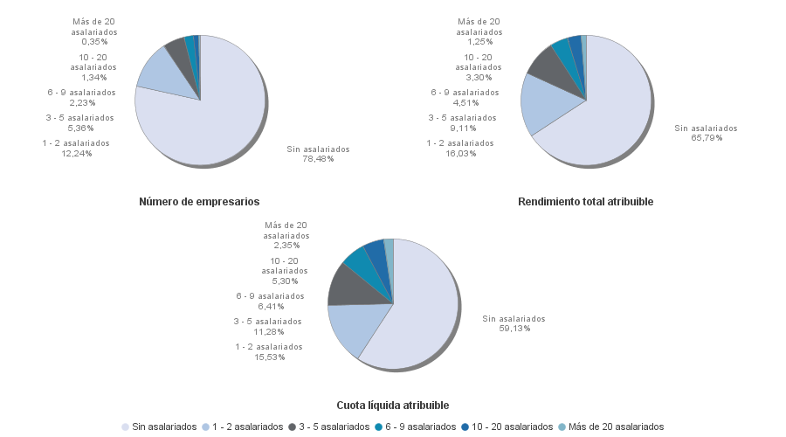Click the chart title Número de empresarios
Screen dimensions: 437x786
199,202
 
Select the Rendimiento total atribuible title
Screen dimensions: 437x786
585,202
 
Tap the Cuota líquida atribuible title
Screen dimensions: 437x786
393,406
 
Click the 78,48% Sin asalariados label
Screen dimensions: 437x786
318,154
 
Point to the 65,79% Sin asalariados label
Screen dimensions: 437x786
706,133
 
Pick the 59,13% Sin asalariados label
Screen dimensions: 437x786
514,323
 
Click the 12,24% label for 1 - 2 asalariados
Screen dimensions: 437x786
76,149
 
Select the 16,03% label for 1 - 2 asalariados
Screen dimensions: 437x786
459,149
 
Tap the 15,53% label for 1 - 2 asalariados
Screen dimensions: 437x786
268,351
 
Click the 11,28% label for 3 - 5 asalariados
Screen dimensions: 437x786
267,327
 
